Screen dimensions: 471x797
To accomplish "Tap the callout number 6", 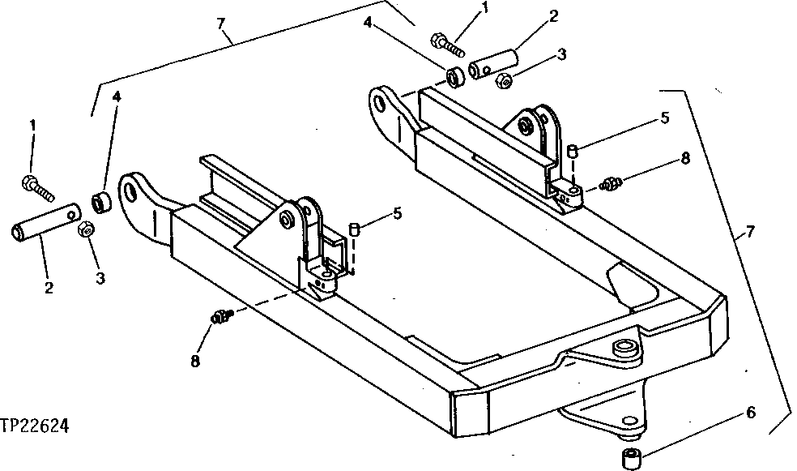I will [750, 413].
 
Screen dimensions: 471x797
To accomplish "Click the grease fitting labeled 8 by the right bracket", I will [612, 183].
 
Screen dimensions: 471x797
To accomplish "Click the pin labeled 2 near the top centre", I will [491, 64].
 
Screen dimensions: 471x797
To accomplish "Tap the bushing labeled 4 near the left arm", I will [101, 199].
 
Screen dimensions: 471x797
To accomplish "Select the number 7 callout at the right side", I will [750, 233].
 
